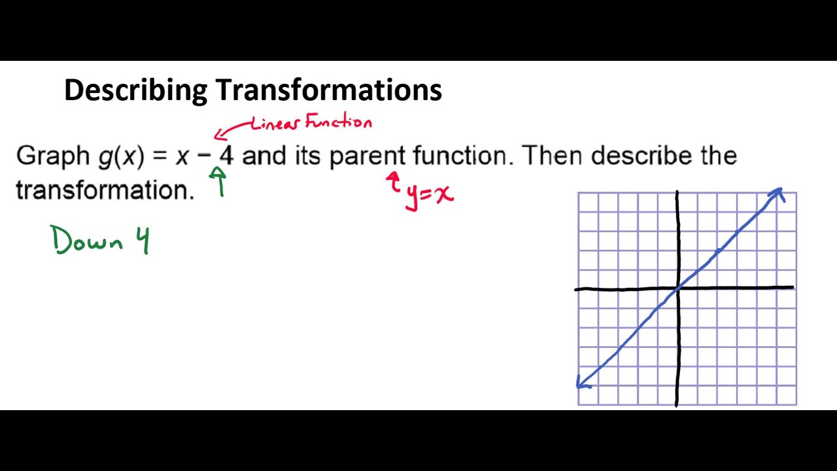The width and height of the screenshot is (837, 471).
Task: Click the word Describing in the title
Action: [x=135, y=90]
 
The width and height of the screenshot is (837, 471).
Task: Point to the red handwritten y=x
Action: [x=429, y=194]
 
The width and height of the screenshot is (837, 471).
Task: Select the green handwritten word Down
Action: [x=87, y=240]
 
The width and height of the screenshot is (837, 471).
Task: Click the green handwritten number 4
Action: [x=143, y=241]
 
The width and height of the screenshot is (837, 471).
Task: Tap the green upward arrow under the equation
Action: [x=219, y=181]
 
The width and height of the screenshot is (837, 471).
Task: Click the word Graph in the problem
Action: [x=52, y=156]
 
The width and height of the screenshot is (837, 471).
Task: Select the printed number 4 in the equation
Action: [x=226, y=156]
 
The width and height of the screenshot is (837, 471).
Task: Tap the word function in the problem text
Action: [x=460, y=156]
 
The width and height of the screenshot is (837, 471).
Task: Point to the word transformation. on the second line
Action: [x=105, y=190]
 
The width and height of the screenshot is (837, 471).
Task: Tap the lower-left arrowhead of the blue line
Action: [x=582, y=383]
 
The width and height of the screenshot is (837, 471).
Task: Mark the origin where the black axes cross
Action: [x=677, y=288]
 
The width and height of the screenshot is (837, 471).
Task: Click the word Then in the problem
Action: [x=552, y=156]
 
